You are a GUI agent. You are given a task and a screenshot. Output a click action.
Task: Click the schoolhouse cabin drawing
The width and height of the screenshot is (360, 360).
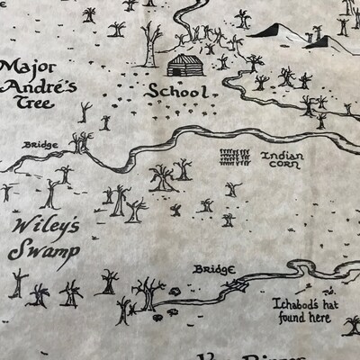click(x=186, y=66)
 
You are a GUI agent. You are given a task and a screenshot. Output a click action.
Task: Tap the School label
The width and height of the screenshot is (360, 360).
click(x=177, y=91)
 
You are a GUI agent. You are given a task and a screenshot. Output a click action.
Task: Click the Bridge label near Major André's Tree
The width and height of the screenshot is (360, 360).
click(x=43, y=144)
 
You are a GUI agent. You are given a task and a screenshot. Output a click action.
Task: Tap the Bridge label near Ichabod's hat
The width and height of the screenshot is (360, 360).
click(x=213, y=269)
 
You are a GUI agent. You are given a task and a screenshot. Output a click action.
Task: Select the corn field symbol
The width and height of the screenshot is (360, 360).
click(x=236, y=154)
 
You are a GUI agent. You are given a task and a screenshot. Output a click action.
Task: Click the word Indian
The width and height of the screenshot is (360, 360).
click(x=282, y=155)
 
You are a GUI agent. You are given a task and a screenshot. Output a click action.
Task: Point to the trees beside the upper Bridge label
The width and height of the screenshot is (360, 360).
click(x=82, y=142)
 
